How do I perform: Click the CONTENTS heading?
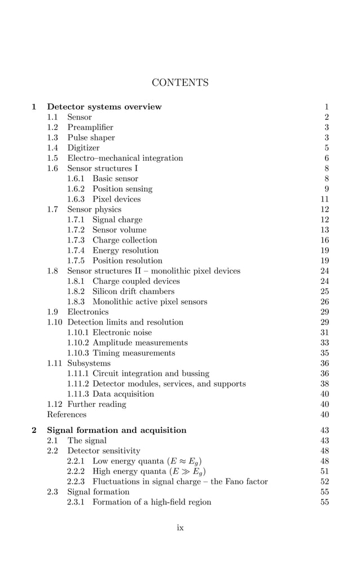[x=180, y=83]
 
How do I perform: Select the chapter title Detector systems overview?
[x=104, y=107]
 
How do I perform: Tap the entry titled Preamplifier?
[x=90, y=128]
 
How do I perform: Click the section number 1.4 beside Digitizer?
[x=53, y=148]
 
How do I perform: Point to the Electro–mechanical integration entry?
[x=125, y=158]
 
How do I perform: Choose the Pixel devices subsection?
[x=117, y=199]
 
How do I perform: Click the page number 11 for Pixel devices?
[x=324, y=199]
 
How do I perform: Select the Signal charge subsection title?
[x=117, y=220]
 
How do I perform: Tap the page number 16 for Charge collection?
[x=324, y=240]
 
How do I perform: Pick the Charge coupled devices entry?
[x=136, y=281]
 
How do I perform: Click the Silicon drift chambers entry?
[x=133, y=291]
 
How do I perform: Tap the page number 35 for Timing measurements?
[x=324, y=353]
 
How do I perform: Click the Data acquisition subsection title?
[x=123, y=394]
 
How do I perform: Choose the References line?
[x=67, y=415]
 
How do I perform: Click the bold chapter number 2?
[x=34, y=430]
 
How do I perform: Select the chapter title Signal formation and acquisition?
[x=117, y=430]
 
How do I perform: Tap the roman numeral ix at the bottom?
[x=180, y=528]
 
